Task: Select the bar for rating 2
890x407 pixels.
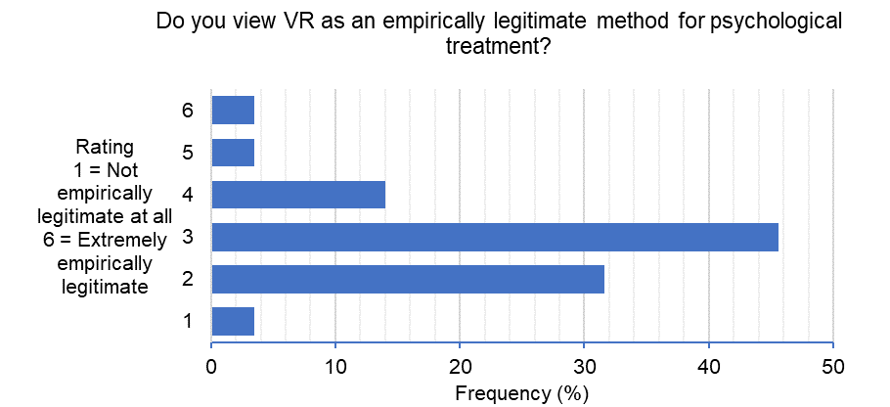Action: click(408, 280)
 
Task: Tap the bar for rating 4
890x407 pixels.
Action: click(298, 195)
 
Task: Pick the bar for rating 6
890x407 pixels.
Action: click(233, 111)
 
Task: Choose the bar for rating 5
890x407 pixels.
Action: click(233, 153)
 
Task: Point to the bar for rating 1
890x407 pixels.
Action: click(233, 322)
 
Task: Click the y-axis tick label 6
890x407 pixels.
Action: click(187, 111)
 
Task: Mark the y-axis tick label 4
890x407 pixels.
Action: click(187, 195)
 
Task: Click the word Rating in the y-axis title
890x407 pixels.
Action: click(103, 147)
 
